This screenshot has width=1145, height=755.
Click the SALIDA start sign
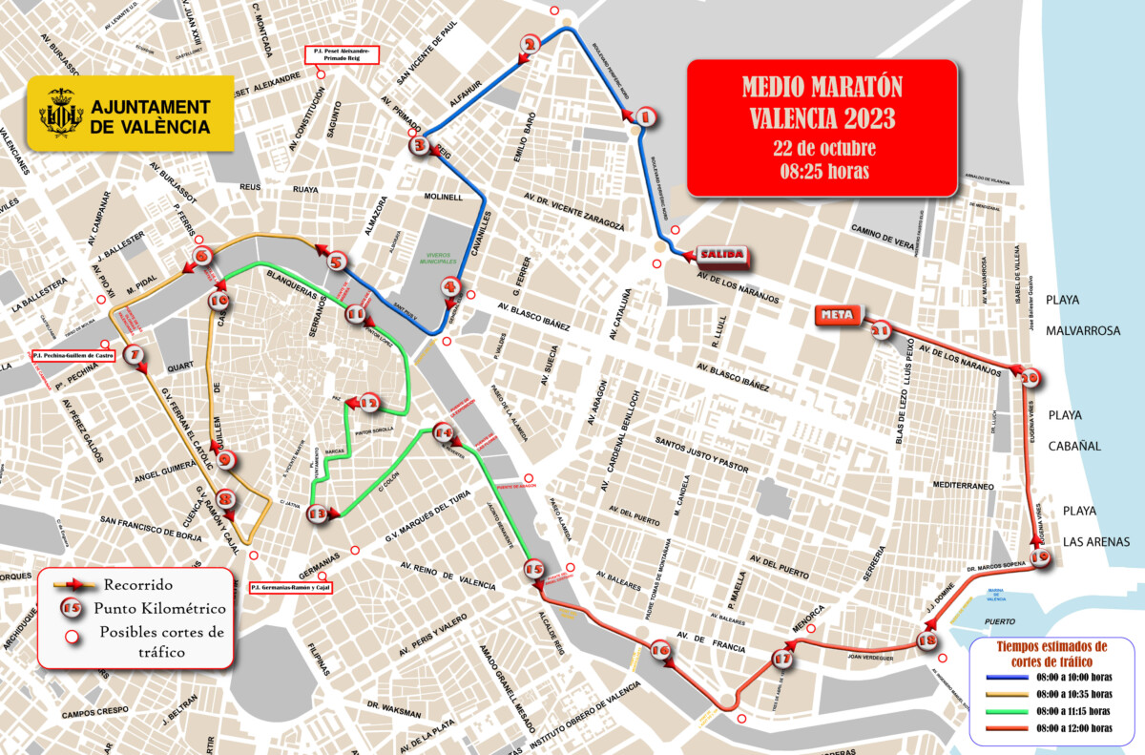pos(721,255)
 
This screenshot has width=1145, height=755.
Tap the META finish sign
pos(838,314)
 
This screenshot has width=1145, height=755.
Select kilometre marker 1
pos(644,118)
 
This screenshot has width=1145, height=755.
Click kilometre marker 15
pos(534,571)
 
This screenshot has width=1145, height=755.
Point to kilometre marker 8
pos(225,498)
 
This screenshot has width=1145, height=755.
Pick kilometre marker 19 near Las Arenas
pos(1039,559)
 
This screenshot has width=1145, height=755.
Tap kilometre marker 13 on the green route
pos(318,514)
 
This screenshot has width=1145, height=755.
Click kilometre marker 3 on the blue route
pos(420,146)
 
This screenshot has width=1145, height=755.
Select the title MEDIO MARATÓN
pos(822,89)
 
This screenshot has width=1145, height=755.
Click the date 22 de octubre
pos(822,149)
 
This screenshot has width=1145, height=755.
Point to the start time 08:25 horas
pos(822,172)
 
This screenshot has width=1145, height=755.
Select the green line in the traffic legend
pos(1004,711)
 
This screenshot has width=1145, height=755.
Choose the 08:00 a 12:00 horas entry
pos(1073,728)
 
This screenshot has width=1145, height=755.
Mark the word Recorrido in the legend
pos(138,584)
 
